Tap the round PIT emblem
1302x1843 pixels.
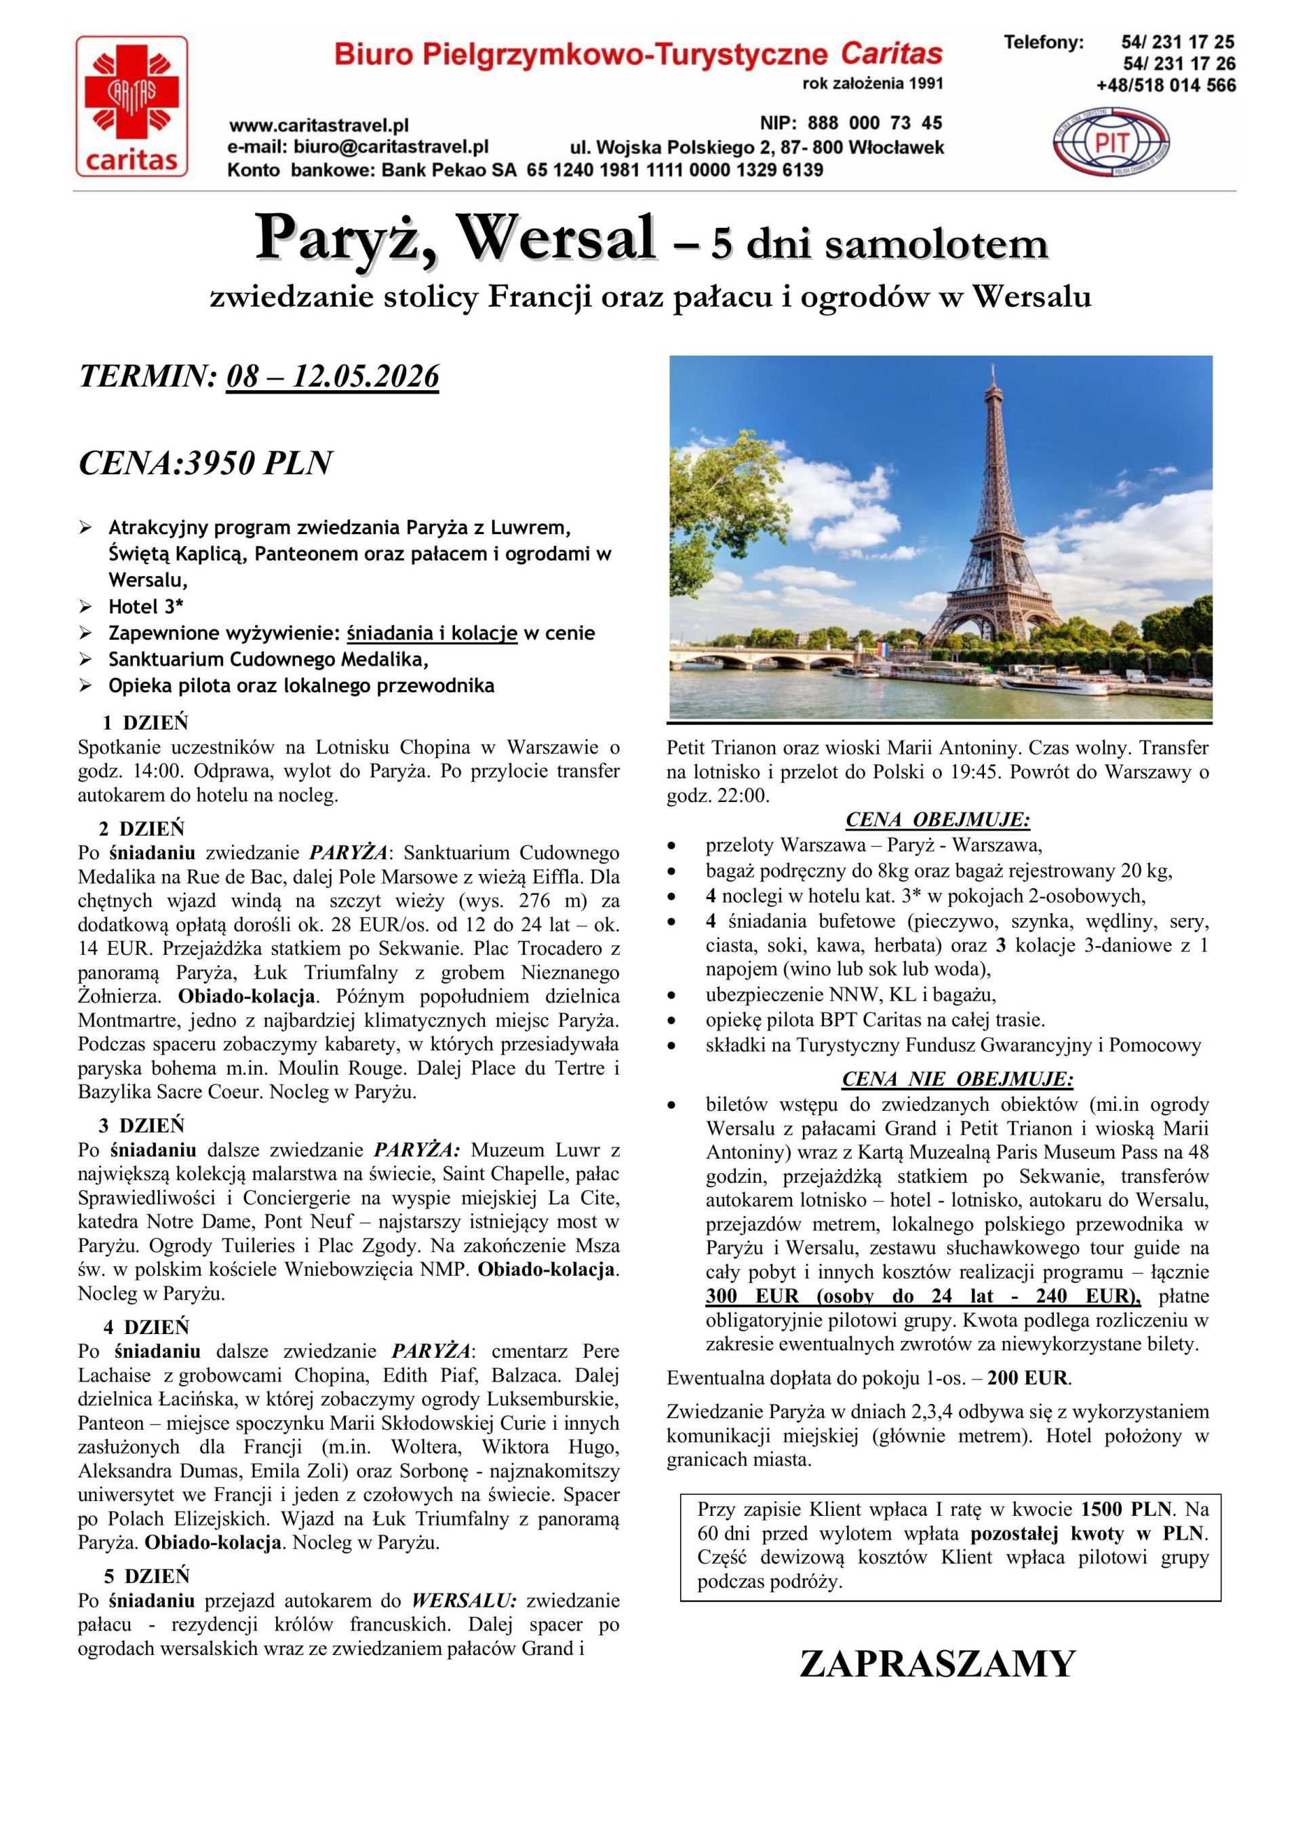coord(1111,144)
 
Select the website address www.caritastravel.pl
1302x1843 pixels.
coord(319,126)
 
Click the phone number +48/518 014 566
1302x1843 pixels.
coord(1166,85)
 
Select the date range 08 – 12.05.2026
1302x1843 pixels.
coord(333,376)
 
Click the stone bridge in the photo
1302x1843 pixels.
coord(802,660)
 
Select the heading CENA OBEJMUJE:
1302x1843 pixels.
coord(938,820)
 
